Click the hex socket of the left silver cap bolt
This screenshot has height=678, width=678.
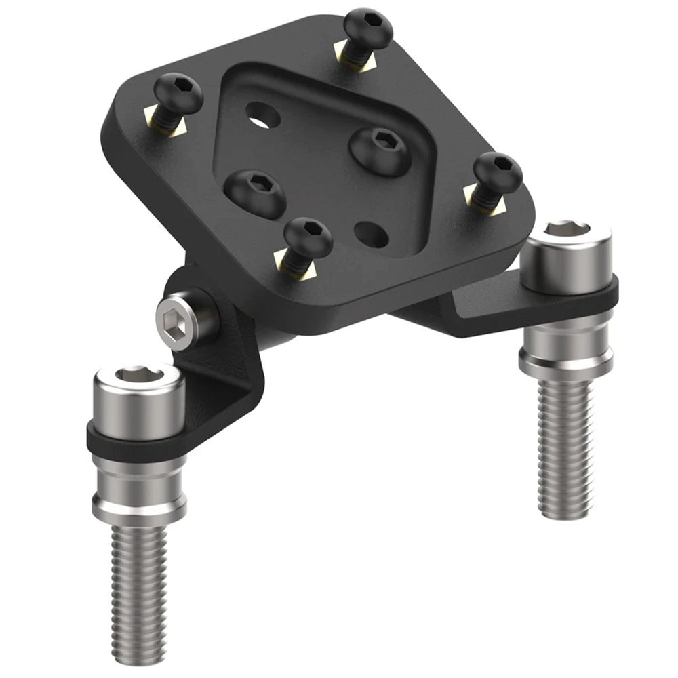138,374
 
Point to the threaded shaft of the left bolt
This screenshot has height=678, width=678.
138,583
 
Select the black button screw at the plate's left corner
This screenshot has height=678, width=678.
178,94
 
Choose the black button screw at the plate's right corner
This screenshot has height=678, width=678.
498,172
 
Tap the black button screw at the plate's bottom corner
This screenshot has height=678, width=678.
308,238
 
